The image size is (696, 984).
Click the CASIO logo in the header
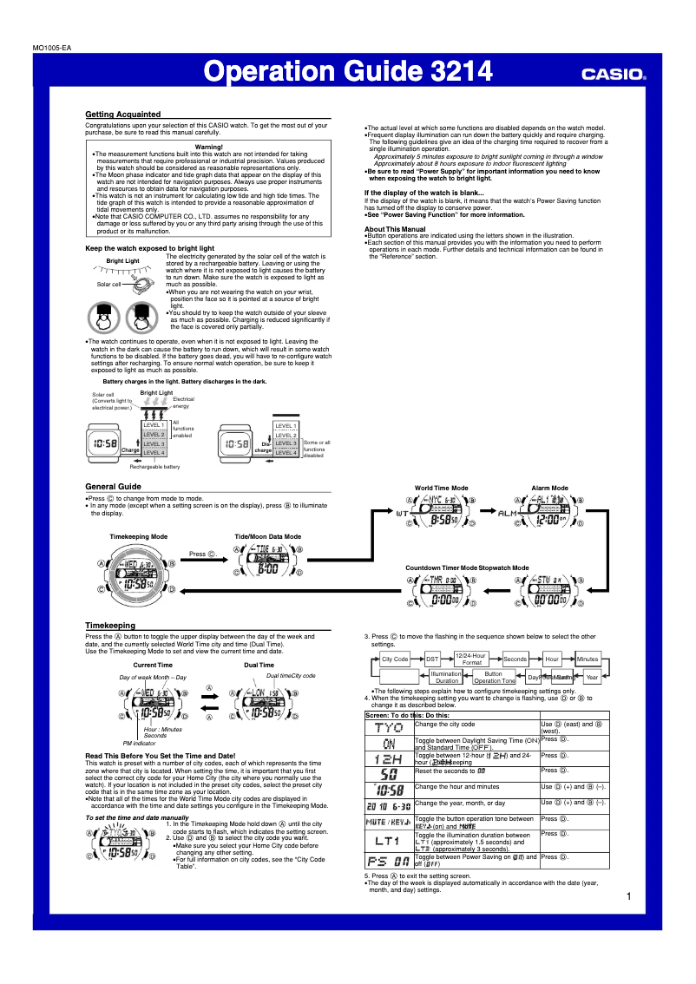click(x=614, y=75)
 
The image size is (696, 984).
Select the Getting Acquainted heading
click(x=122, y=115)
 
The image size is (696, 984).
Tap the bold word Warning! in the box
click(x=209, y=147)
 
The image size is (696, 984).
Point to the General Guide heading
click(x=113, y=487)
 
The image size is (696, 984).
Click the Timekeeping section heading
click(x=110, y=625)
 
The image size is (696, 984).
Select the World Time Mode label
click(x=441, y=489)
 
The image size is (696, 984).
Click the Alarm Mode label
click(x=549, y=489)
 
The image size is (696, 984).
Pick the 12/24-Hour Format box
click(x=472, y=659)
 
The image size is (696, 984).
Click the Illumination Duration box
click(x=447, y=677)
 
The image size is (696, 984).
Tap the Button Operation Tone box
click(x=494, y=677)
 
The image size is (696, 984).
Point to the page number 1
click(x=627, y=896)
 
